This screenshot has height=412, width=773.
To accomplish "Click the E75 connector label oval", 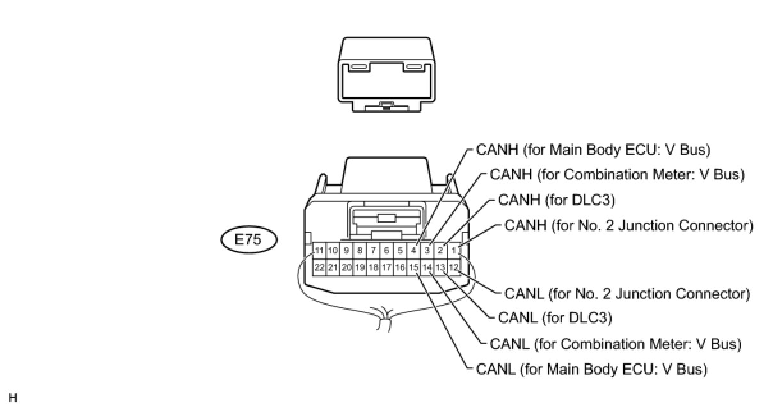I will tap(249, 240).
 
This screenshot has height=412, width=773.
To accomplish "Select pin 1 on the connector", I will tap(454, 250).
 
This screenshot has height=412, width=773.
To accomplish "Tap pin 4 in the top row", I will tap(413, 250).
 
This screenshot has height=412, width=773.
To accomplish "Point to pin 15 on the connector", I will tap(413, 267).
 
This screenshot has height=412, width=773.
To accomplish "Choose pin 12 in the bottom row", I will tap(454, 267).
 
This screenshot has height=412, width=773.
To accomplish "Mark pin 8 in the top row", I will tap(360, 250).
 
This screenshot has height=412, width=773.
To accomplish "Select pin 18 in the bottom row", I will tap(373, 267).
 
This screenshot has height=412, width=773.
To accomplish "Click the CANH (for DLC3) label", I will tap(556, 200).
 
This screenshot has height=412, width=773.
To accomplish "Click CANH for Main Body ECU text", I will tap(593, 150).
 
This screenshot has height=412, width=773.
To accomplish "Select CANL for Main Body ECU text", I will tap(592, 370).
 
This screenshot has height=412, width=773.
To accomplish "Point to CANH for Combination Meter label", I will tap(617, 175).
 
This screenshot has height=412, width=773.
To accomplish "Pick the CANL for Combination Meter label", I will tap(616, 344).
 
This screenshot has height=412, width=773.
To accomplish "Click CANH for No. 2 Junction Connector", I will tap(628, 225).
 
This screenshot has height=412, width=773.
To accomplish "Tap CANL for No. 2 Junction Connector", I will tap(627, 294).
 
